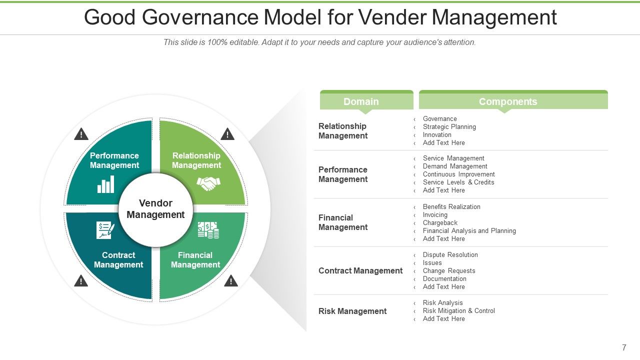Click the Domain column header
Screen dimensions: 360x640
point(361,101)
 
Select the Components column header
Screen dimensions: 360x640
point(507,101)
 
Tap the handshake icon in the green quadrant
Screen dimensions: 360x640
point(208,183)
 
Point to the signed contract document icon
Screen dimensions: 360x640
point(105,230)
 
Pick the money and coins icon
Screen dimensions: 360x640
point(208,230)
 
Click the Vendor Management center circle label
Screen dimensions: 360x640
point(155,209)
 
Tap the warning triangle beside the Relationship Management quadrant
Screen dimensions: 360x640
point(227,134)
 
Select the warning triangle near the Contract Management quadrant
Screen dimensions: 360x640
point(81,281)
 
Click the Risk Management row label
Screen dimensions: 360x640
point(352,311)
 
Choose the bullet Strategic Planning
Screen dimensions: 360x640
point(449,127)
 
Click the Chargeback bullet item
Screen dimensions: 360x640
point(440,223)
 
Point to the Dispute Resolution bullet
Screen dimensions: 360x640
point(450,255)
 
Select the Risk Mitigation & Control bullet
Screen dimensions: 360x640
point(458,311)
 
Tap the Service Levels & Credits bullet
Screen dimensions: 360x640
point(458,182)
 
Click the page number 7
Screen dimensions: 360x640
point(624,347)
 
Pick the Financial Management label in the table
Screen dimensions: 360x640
point(343,222)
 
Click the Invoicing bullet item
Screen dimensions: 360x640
point(435,215)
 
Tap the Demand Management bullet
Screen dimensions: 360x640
point(455,166)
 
